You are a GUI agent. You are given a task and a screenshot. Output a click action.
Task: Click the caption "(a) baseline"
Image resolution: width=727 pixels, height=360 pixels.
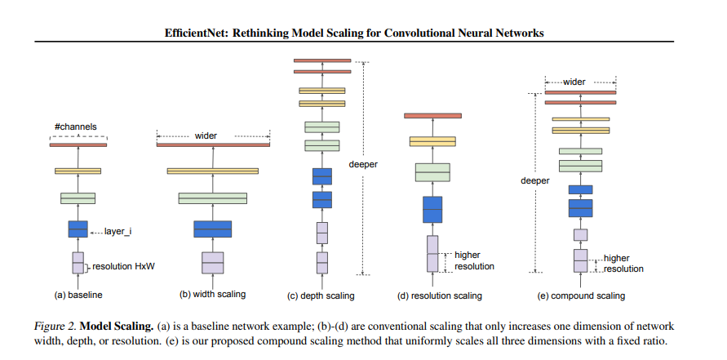click(78, 295)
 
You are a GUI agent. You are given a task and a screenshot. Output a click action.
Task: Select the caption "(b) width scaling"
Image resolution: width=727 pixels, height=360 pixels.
click(212, 294)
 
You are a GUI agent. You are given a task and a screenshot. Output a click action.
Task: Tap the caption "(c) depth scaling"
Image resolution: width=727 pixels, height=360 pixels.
click(321, 296)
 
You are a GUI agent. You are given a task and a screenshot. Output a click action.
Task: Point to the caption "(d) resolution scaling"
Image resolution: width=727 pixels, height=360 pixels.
click(440, 296)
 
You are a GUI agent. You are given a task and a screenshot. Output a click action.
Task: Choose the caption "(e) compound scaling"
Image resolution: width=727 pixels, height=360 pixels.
click(581, 296)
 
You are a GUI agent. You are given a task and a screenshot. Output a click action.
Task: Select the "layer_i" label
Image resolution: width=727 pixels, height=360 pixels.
click(117, 231)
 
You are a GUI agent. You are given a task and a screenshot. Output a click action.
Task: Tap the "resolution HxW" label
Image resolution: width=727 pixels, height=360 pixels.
click(123, 267)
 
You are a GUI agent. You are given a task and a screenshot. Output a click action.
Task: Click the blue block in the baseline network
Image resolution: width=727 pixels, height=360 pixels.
click(78, 229)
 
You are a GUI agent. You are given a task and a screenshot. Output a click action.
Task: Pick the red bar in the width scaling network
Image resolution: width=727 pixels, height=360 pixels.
click(213, 144)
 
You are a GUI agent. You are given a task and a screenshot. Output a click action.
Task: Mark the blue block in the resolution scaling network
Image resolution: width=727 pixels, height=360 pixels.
click(432, 210)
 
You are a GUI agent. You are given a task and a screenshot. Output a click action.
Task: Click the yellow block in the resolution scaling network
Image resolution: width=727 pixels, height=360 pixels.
click(432, 141)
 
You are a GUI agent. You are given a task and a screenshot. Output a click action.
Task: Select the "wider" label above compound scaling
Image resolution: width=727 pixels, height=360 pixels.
click(574, 82)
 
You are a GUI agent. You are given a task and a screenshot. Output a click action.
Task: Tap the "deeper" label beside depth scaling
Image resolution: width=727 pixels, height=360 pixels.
click(364, 164)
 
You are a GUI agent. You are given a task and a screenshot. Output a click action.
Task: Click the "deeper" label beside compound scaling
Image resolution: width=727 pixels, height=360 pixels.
click(535, 181)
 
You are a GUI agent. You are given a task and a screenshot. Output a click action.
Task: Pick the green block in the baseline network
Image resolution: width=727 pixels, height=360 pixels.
click(78, 198)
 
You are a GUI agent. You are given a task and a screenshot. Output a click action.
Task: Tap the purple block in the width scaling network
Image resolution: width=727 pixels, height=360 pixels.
click(213, 263)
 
